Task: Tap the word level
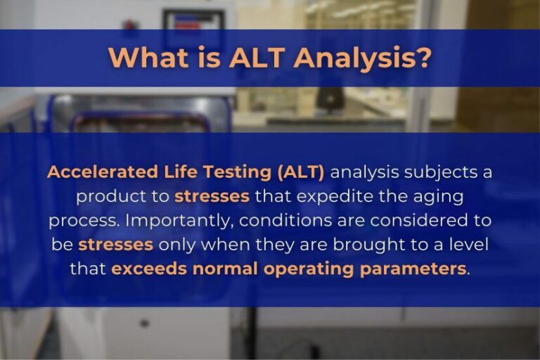470,245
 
